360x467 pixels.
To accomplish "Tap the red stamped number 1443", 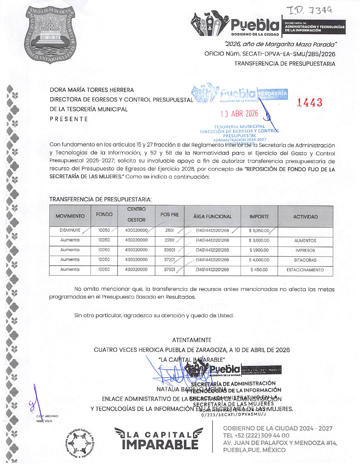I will (x=310, y=102).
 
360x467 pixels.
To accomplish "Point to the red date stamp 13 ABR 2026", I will (x=239, y=114).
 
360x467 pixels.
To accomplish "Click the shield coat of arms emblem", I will (x=50, y=34).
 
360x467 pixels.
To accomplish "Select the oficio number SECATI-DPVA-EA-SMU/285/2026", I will (x=270, y=54).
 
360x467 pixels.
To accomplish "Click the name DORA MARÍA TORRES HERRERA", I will (x=92, y=90).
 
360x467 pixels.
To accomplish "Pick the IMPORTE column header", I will (x=259, y=217).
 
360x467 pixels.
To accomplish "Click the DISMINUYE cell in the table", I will (x=70, y=231).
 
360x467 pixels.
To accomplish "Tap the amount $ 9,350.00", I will (x=259, y=231).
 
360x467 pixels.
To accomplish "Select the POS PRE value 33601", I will (x=170, y=250).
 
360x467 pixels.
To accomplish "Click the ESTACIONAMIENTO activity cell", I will (x=305, y=270).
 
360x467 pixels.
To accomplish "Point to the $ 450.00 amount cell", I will (x=259, y=270).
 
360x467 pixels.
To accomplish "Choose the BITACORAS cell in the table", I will (x=305, y=260).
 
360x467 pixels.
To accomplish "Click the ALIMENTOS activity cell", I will (x=305, y=241).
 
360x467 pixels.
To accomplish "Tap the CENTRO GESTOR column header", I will (x=136, y=215).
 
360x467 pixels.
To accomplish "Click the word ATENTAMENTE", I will (x=191, y=340).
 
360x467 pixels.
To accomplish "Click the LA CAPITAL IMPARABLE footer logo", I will (x=159, y=439).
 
